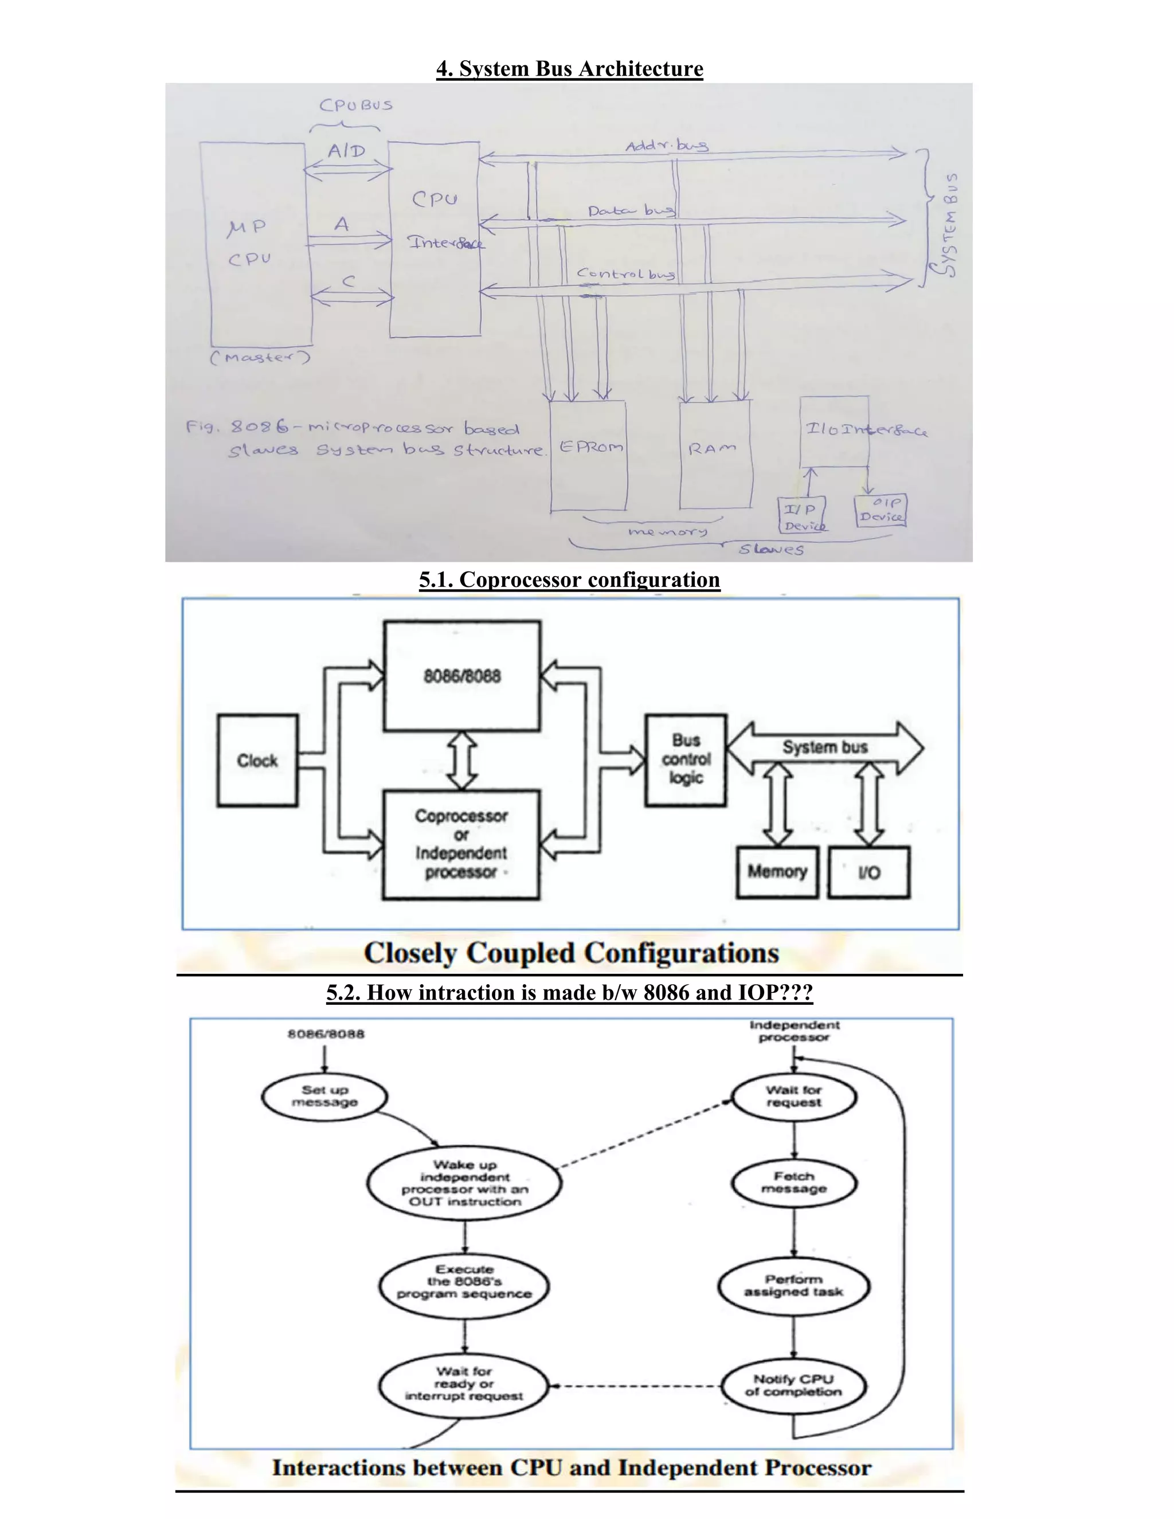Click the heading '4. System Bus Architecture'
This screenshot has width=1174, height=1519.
[569, 69]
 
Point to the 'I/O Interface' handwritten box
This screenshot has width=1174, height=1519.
[834, 431]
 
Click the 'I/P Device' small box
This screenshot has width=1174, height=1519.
[802, 515]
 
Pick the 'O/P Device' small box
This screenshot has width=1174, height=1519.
[880, 511]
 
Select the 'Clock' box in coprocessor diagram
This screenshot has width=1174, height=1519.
[257, 760]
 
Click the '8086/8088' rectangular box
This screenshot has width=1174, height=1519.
[462, 675]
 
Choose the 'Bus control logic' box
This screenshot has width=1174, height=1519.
[686, 760]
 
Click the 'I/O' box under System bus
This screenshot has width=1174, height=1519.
[868, 872]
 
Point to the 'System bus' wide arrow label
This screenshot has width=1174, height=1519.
[825, 747]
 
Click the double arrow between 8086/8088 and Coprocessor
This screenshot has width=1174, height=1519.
[462, 760]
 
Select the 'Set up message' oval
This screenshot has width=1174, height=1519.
[324, 1097]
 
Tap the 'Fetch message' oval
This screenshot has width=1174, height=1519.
[793, 1183]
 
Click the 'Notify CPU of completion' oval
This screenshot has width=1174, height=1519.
[793, 1385]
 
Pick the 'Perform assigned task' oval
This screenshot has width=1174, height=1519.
[793, 1285]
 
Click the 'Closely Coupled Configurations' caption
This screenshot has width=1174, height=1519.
[570, 953]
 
